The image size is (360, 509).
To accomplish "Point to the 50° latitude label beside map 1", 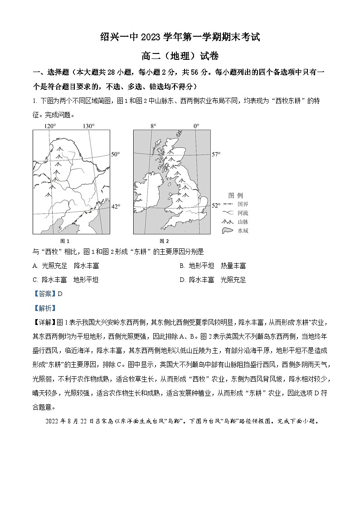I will (x=116, y=155).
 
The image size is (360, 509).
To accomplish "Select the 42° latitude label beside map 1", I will (x=116, y=207).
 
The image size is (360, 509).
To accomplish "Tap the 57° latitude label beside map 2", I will (x=216, y=155).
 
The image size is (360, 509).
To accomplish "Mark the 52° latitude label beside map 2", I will (x=216, y=206).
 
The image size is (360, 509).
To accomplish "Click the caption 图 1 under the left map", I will (x=65, y=241).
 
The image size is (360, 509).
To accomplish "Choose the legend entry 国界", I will (x=243, y=204).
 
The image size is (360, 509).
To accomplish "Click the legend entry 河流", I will (x=243, y=213).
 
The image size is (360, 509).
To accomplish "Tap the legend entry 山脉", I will (x=243, y=222).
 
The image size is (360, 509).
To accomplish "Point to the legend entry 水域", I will (x=243, y=231).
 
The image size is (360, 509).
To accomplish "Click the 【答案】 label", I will (x=44, y=294).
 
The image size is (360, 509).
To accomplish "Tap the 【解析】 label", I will (x=44, y=308).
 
